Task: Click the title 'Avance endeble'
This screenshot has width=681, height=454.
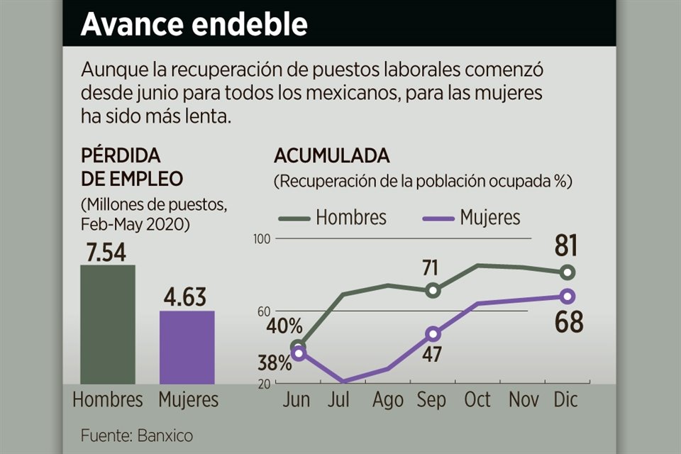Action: [x=194, y=24]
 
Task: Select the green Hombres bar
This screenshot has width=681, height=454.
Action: [x=107, y=324]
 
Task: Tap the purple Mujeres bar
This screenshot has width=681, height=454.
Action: [x=187, y=348]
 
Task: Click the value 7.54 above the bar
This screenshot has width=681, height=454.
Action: [x=107, y=253]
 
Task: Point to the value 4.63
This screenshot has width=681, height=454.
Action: [x=187, y=298]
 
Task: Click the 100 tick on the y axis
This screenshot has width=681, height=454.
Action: [x=262, y=239]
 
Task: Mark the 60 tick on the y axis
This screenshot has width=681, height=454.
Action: [x=264, y=311]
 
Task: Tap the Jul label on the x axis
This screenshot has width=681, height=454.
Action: [x=339, y=400]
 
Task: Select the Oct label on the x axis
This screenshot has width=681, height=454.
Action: [x=477, y=400]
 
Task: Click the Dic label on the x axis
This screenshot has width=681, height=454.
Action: [x=566, y=400]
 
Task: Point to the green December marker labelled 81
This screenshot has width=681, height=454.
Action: [x=567, y=272]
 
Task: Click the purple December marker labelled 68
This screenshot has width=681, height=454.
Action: [x=567, y=296]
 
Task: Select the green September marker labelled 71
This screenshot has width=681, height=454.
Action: [x=433, y=290]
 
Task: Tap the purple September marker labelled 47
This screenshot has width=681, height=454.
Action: [x=433, y=333]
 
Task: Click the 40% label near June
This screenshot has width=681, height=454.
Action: [x=285, y=327]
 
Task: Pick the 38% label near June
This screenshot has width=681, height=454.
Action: [x=275, y=364]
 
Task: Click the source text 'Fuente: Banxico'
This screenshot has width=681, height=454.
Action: [x=136, y=435]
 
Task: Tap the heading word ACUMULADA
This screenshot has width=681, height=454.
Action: [x=331, y=156]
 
